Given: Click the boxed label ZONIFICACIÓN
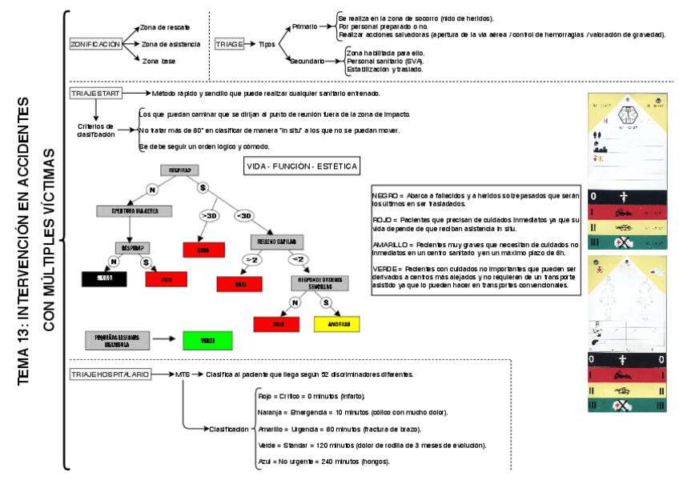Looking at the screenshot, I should tap(95, 45).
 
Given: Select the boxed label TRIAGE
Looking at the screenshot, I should tap(229, 45).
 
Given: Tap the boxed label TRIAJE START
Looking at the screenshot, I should tap(95, 94).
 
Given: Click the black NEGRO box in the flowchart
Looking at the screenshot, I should tap(105, 278).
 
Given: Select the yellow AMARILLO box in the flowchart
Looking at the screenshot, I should tap(337, 324).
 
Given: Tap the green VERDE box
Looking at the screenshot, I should tap(207, 340).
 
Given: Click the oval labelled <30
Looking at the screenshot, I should tap(243, 216).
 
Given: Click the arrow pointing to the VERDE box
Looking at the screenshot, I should tap(167, 340).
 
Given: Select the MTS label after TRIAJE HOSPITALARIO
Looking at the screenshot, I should tap(183, 374).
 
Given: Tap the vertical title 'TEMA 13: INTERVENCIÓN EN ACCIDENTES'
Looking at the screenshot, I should tap(24, 241).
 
